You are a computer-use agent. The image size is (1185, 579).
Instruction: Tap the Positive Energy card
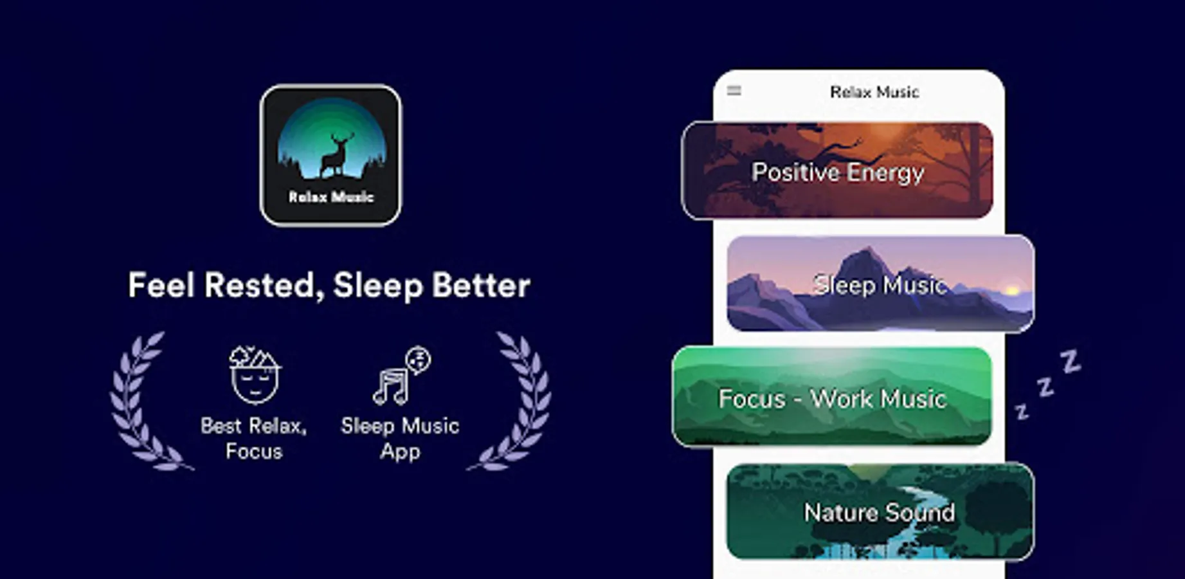pyautogui.click(x=837, y=170)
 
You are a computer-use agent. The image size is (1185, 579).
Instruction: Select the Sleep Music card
pyautogui.click(x=880, y=284)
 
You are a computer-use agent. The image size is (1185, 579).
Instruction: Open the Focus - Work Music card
pyautogui.click(x=832, y=396)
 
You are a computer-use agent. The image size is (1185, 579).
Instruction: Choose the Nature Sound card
pyautogui.click(x=880, y=511)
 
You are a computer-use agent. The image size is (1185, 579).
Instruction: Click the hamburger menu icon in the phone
pyautogui.click(x=734, y=91)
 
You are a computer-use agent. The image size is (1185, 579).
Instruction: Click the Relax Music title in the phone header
pyautogui.click(x=874, y=92)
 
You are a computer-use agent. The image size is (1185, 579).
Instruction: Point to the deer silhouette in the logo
pyautogui.click(x=338, y=154)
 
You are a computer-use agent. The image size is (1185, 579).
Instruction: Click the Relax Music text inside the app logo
pyautogui.click(x=330, y=197)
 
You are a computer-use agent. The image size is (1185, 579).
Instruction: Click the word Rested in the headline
pyautogui.click(x=264, y=286)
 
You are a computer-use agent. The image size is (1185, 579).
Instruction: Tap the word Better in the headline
pyautogui.click(x=481, y=285)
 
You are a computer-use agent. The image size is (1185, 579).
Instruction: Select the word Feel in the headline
pyautogui.click(x=161, y=285)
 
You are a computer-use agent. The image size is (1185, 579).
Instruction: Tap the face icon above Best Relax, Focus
pyautogui.click(x=255, y=375)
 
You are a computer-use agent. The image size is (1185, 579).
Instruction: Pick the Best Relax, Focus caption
pyautogui.click(x=254, y=438)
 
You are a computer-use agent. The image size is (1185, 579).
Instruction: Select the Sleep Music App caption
pyautogui.click(x=400, y=438)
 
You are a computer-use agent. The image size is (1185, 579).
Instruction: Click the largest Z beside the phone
pyautogui.click(x=1070, y=362)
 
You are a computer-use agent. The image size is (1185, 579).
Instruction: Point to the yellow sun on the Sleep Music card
pyautogui.click(x=1011, y=291)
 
